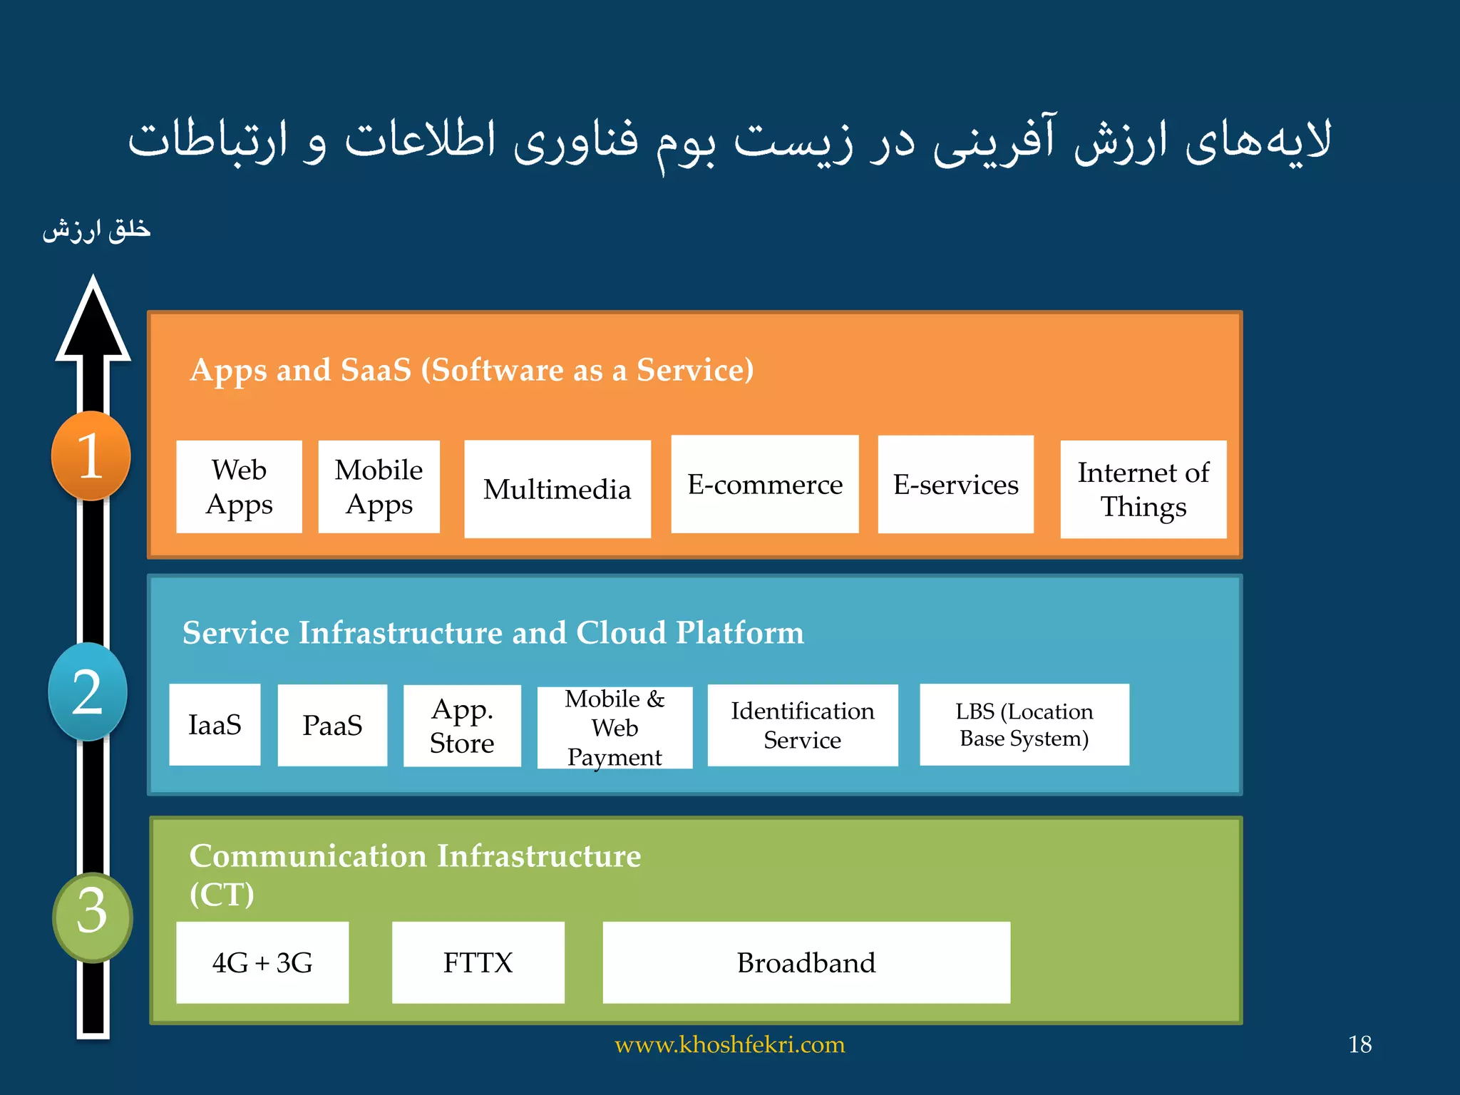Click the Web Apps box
(239, 487)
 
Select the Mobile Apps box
(379, 487)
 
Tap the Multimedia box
(557, 489)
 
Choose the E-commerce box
(765, 484)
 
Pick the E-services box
(955, 484)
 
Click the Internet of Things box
(1143, 489)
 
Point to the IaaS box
(215, 725)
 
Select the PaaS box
(332, 725)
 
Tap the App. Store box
(462, 726)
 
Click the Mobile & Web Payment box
(615, 728)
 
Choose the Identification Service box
(803, 725)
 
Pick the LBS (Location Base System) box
(1024, 724)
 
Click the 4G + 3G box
(262, 962)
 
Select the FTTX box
(478, 962)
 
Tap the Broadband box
(806, 962)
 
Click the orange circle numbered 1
(91, 456)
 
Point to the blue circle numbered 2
(88, 692)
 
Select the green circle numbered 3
(92, 917)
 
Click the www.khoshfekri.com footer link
(730, 1044)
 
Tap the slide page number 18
(1359, 1044)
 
